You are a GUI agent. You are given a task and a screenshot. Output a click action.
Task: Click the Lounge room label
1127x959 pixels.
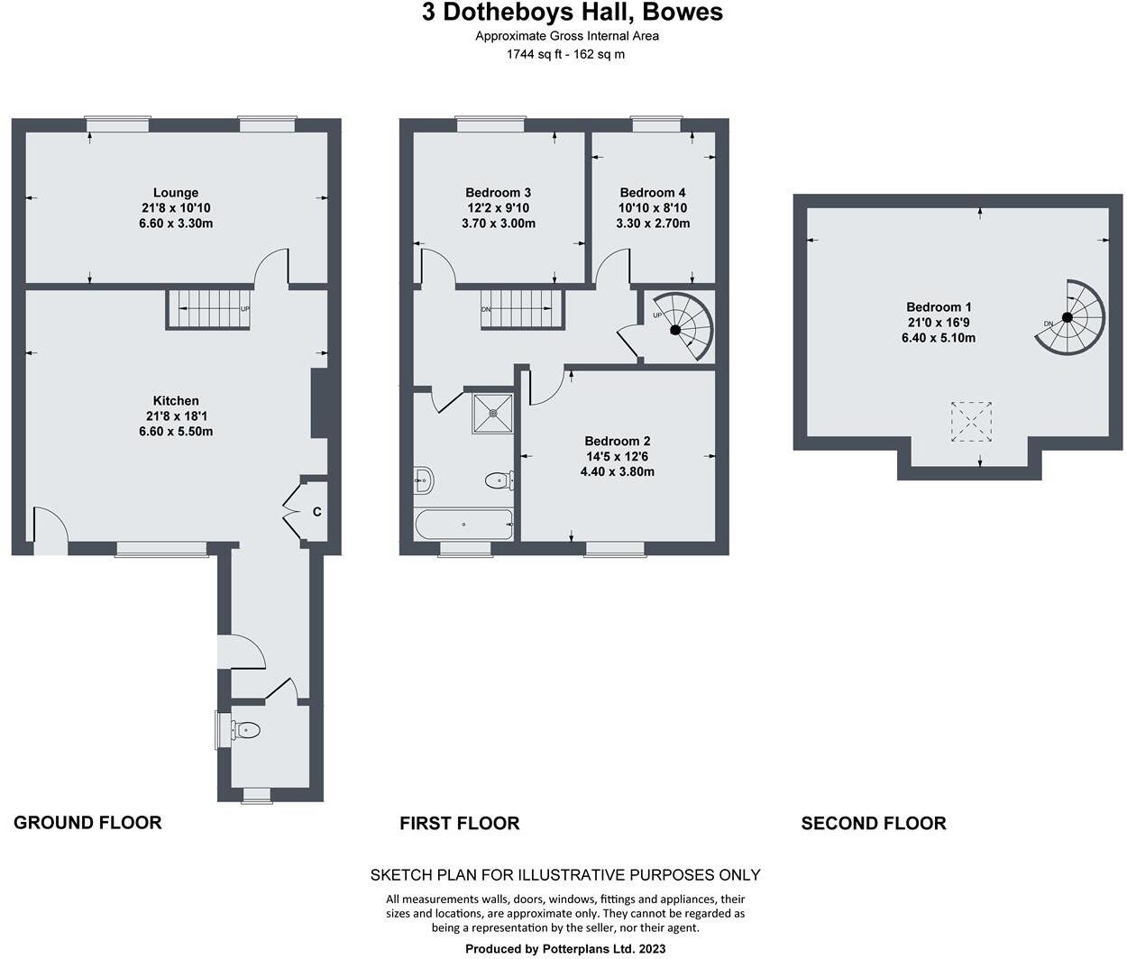click(175, 192)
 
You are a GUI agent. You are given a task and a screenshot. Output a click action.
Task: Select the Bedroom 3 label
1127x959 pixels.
click(498, 192)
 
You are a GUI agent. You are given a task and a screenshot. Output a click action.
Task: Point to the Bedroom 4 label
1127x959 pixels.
click(653, 192)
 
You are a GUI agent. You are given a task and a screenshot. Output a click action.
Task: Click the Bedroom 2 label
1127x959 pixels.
click(617, 441)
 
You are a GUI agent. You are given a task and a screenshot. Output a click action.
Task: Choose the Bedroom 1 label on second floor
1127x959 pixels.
click(939, 306)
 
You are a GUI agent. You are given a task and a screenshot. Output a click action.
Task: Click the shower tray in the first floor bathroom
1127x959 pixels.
click(492, 413)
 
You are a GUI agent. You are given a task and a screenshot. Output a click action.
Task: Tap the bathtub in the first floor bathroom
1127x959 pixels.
click(463, 524)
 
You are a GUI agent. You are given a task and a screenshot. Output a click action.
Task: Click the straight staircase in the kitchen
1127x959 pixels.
click(207, 309)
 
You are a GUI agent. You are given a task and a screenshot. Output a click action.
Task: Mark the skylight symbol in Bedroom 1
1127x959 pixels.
click(973, 420)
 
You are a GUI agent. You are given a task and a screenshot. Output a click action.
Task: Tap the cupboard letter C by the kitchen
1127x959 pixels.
click(316, 512)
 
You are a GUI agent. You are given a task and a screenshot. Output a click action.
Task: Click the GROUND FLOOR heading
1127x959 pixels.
click(87, 822)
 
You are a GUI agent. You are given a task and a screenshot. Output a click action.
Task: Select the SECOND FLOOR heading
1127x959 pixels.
click(873, 823)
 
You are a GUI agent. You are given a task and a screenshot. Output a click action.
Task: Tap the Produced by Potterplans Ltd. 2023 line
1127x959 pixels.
click(565, 948)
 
